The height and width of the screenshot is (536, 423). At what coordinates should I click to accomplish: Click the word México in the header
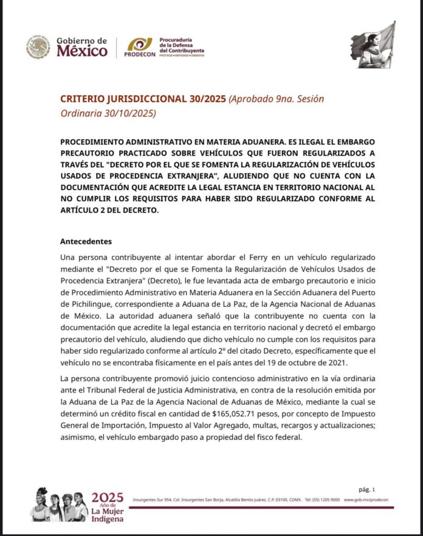(x=82, y=52)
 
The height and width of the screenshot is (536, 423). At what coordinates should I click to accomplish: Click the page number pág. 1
(x=366, y=489)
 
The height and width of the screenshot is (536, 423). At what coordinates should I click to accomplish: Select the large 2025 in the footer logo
(x=107, y=496)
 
